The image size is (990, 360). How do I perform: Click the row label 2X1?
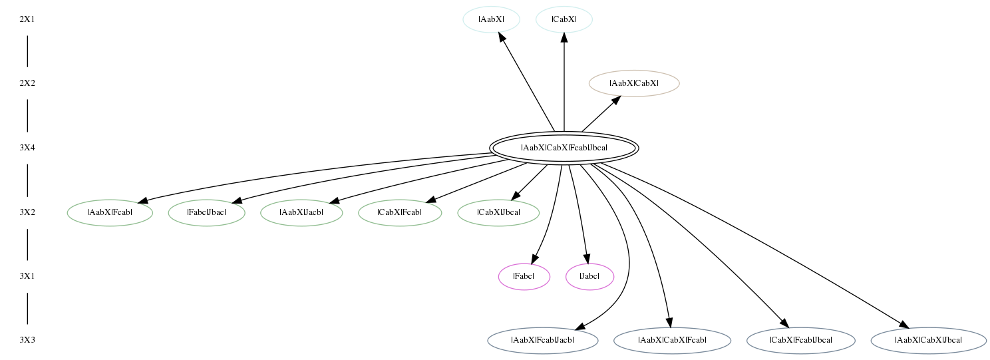[27, 19]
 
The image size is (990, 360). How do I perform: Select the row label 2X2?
[27, 83]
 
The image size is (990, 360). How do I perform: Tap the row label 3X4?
[27, 148]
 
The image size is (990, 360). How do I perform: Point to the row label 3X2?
[27, 212]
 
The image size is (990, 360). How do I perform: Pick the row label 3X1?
[27, 276]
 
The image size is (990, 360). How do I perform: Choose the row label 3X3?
[27, 340]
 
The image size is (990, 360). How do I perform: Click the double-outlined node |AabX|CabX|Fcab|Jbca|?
[564, 148]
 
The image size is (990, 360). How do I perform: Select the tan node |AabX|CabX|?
[634, 83]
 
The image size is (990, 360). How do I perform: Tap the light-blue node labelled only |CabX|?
[564, 19]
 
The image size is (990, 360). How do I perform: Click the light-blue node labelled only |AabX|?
[492, 19]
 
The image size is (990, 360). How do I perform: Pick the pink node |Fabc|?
[524, 277]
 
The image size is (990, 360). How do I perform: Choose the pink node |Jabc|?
[590, 277]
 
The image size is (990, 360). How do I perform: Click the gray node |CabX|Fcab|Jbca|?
[801, 341]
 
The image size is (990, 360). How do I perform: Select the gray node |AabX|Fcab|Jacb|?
[543, 341]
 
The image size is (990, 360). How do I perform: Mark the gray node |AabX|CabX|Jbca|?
[929, 341]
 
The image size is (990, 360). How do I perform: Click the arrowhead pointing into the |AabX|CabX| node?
[616, 100]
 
